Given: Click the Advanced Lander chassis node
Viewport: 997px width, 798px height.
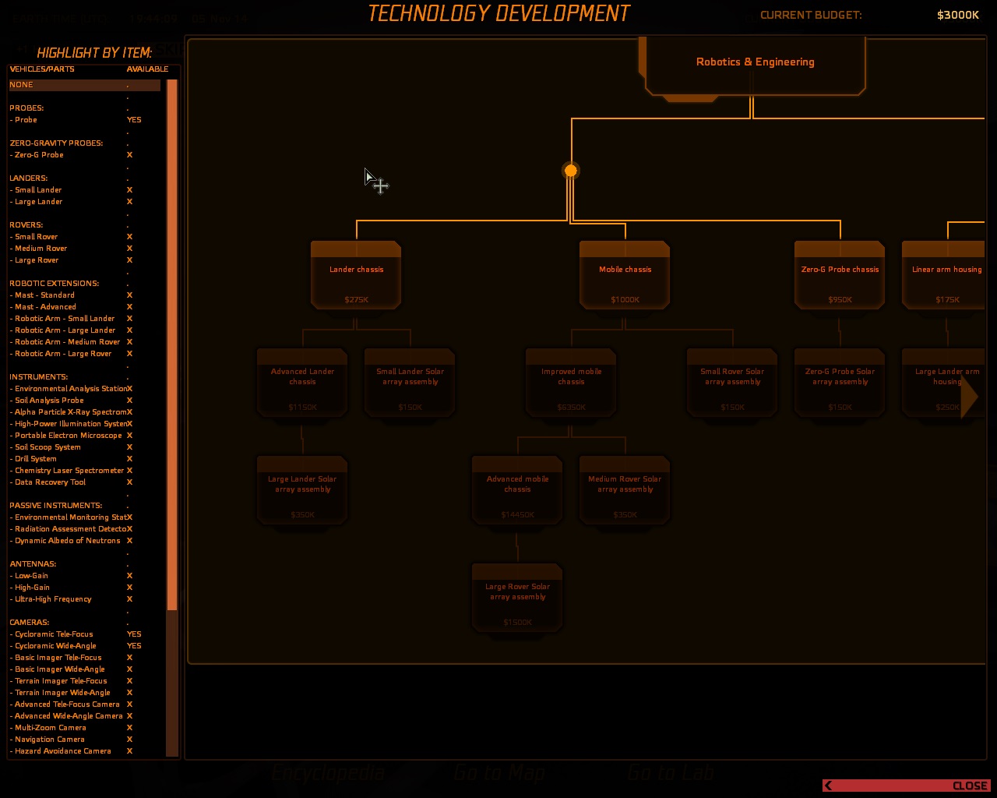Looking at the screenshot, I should [x=302, y=382].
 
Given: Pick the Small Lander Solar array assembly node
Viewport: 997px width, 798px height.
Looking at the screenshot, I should [x=410, y=382].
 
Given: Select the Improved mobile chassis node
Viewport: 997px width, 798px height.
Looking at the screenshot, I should [x=571, y=382].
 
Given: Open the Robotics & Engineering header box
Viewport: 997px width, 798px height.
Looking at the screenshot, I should [x=755, y=62].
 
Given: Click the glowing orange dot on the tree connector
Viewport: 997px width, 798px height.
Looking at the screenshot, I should [x=571, y=171].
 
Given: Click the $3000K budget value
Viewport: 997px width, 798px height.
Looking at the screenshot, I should [x=957, y=15].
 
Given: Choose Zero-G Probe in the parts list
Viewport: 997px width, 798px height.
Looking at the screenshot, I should [x=39, y=155].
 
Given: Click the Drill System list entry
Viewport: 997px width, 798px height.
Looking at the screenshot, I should [x=36, y=459].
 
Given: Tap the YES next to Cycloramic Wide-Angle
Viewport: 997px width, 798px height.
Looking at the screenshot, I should [x=134, y=646].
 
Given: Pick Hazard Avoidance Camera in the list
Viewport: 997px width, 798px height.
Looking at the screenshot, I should [x=63, y=751].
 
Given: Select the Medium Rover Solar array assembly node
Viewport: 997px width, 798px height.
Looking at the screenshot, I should [x=625, y=489].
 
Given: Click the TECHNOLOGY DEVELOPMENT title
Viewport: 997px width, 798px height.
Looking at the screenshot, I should [x=498, y=14].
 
